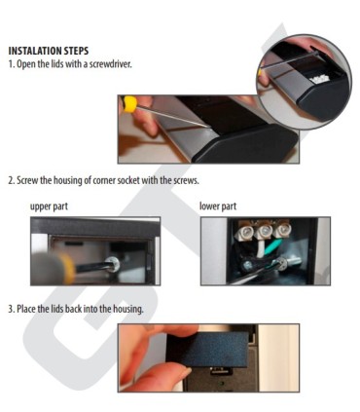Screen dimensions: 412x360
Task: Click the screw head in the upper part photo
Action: pyautogui.click(x=116, y=262)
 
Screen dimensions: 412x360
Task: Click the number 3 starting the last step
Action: pyautogui.click(x=10, y=309)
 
